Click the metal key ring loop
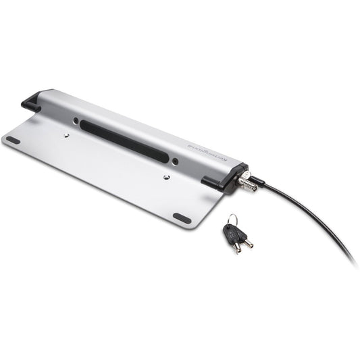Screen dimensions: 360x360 pyautogui.click(x=232, y=220)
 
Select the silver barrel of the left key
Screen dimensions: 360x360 pyautogui.click(x=236, y=247)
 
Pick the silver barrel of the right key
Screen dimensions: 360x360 pyautogui.click(x=248, y=242)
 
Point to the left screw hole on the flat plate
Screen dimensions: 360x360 pyautogui.click(x=66, y=136)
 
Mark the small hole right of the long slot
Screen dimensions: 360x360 pyautogui.click(x=176, y=161)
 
